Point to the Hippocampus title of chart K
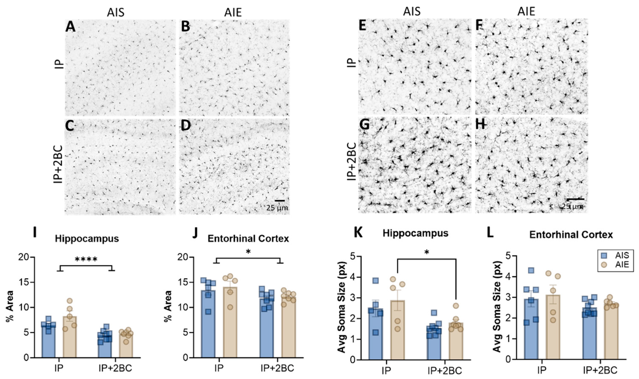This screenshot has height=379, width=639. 415,233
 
